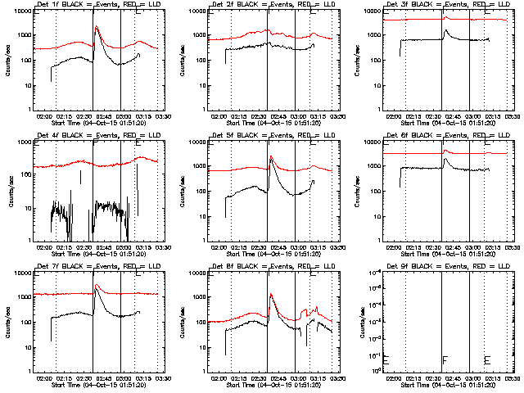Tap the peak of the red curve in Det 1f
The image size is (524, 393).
click(97, 27)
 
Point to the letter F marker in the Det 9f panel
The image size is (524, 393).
click(445, 360)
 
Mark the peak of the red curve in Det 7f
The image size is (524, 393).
click(97, 285)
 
